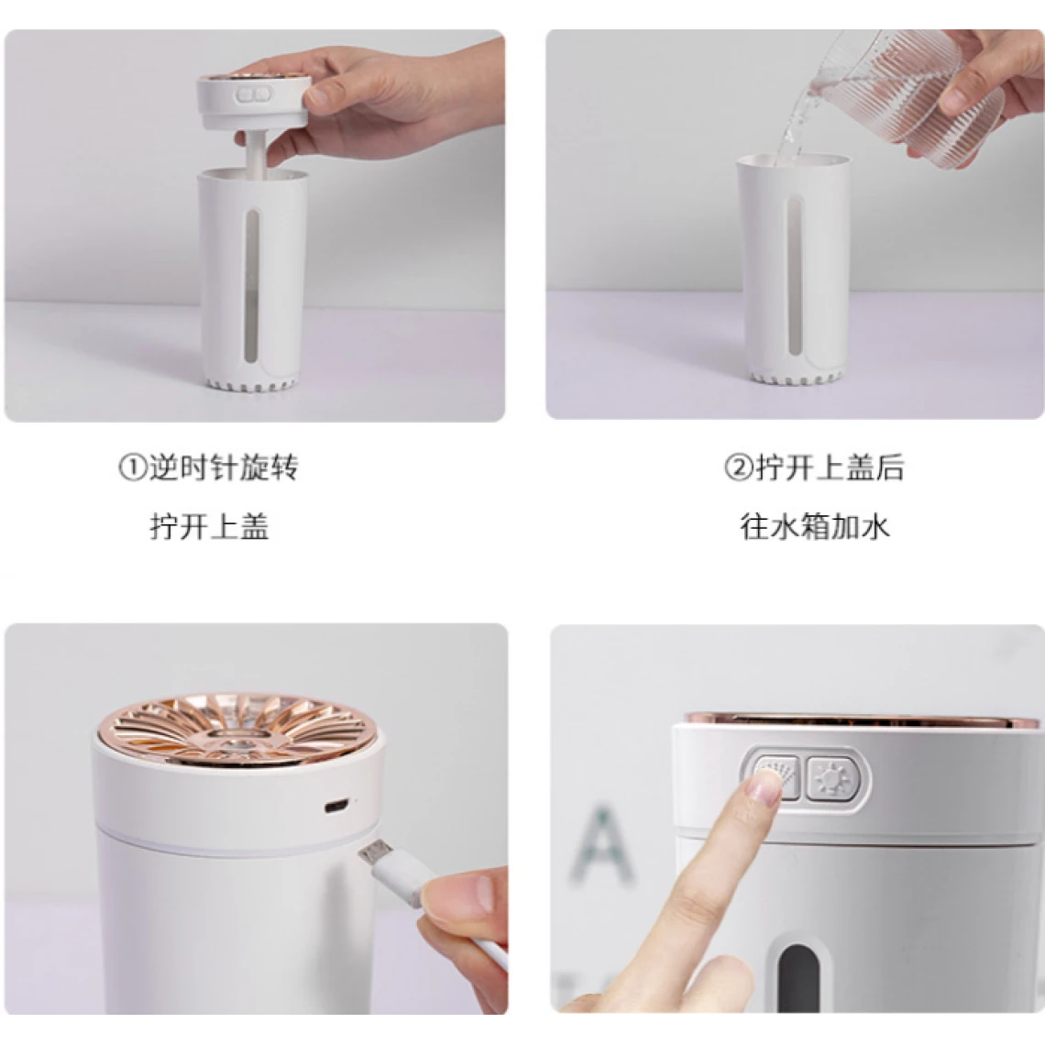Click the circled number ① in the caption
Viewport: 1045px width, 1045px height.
tap(132, 467)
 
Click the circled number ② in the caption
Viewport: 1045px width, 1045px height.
tap(739, 467)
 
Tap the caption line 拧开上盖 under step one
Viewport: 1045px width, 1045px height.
tap(209, 526)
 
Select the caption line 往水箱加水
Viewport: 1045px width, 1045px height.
tap(814, 526)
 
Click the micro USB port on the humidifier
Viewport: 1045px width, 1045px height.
tap(335, 807)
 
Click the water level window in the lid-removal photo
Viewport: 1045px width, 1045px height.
tap(251, 287)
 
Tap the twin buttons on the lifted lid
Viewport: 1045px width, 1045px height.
tap(251, 94)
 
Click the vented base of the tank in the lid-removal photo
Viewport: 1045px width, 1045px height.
tap(251, 382)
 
